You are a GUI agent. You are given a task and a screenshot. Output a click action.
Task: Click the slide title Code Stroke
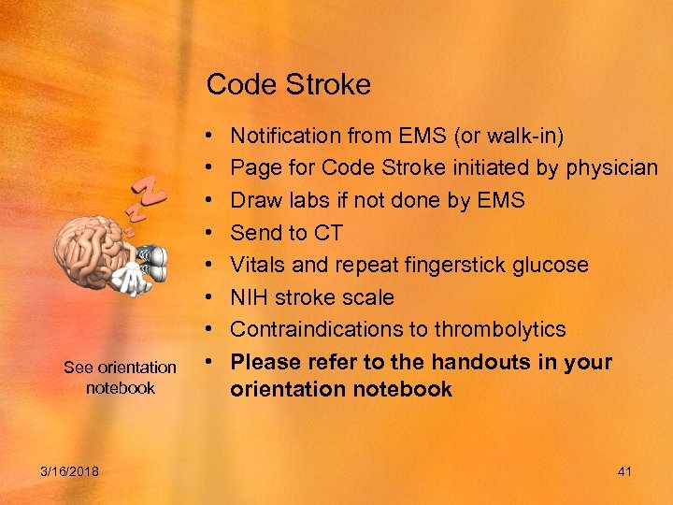tap(288, 85)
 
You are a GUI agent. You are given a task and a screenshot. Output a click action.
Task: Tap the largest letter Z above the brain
tap(150, 193)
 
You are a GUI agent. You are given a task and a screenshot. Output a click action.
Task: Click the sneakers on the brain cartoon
tap(151, 259)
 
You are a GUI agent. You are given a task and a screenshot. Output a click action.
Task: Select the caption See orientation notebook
tap(120, 377)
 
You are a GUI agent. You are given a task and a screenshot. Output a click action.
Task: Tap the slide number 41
tap(624, 471)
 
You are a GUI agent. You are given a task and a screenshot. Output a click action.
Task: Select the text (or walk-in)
tap(508, 137)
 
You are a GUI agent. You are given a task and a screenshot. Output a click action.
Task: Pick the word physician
tap(612, 168)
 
